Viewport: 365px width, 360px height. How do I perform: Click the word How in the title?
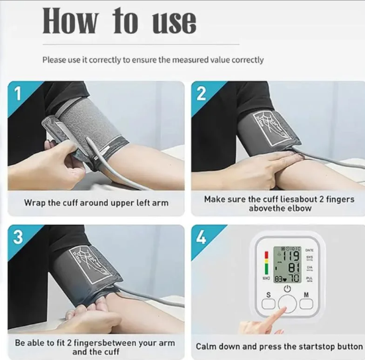(70, 21)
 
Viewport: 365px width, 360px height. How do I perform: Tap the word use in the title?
(174, 23)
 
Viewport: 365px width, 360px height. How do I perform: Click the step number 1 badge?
(18, 93)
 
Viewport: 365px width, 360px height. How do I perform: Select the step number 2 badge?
(201, 93)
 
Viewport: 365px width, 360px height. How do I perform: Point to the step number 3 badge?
(18, 237)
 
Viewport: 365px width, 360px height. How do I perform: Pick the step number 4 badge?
(201, 237)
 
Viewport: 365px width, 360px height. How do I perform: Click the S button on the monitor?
(268, 304)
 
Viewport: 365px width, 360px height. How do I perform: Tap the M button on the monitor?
(306, 304)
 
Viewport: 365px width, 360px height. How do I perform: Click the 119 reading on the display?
(291, 257)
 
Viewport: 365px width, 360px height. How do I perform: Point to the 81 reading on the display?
(293, 267)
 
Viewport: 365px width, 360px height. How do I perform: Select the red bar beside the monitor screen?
(266, 255)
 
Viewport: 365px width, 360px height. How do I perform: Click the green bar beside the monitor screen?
(266, 269)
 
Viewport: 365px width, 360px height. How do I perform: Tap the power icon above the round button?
(287, 289)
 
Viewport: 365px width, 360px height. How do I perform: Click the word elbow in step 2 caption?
(299, 208)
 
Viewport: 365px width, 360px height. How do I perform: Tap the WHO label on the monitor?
(266, 278)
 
